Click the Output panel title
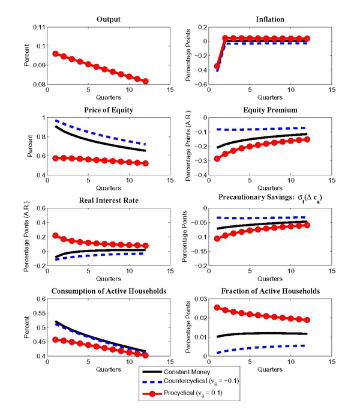109,20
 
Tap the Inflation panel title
265,20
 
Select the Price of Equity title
109,110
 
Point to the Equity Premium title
265,110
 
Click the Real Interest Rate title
109,201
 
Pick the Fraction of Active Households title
265,291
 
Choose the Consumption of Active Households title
109,291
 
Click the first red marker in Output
56,53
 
